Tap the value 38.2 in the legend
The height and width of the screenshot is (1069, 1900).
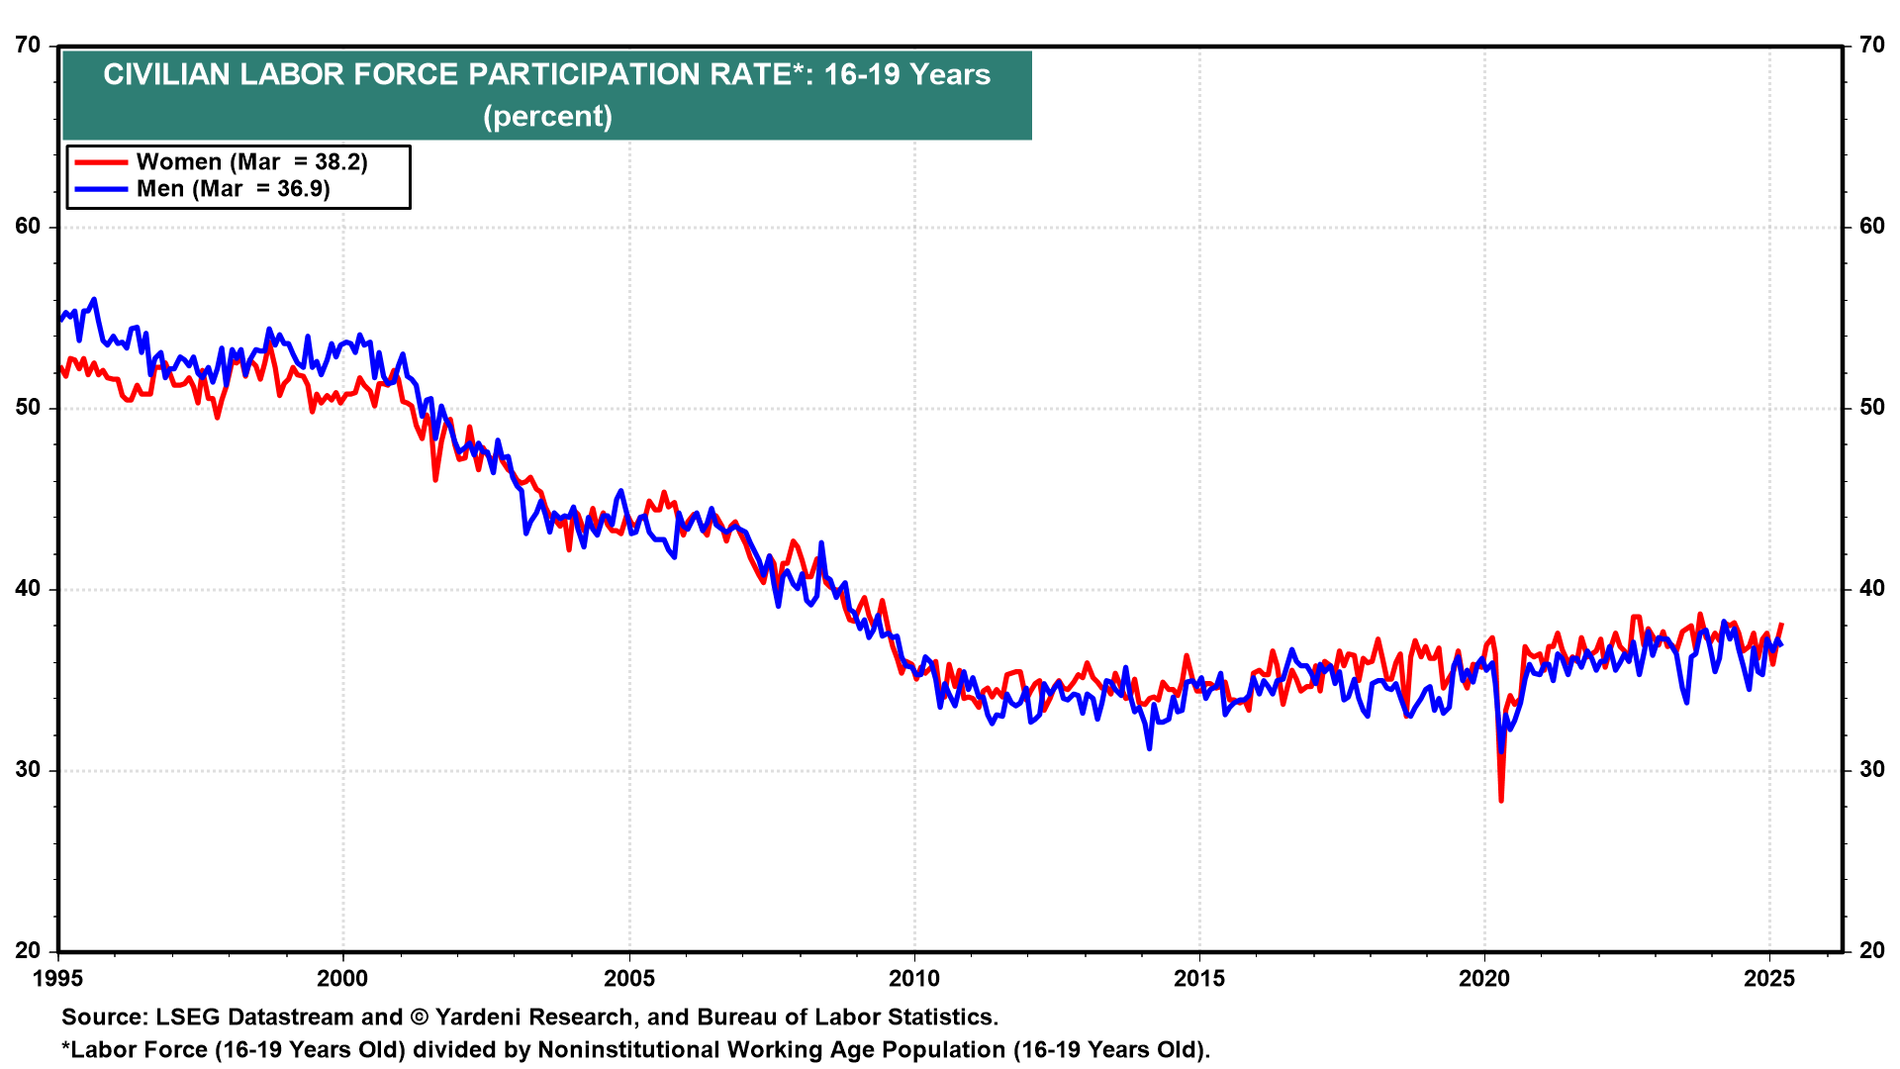(340, 162)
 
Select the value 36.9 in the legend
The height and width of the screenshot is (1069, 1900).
(303, 189)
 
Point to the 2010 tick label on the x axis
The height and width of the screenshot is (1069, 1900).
(914, 979)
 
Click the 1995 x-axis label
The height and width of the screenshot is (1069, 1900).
(58, 979)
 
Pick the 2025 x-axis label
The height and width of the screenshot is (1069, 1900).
(1769, 979)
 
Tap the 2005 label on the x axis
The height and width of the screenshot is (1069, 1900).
(629, 979)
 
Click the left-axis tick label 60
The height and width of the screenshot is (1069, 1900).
(28, 227)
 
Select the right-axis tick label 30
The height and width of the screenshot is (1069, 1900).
(1871, 770)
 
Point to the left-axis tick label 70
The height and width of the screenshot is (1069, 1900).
(28, 46)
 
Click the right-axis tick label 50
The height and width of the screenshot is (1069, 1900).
(1871, 408)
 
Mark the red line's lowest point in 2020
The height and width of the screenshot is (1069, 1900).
(1501, 800)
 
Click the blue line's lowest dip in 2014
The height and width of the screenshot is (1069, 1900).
(1149, 748)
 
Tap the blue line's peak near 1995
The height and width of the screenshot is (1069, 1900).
(94, 299)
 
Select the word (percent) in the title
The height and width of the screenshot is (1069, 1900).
(547, 117)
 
